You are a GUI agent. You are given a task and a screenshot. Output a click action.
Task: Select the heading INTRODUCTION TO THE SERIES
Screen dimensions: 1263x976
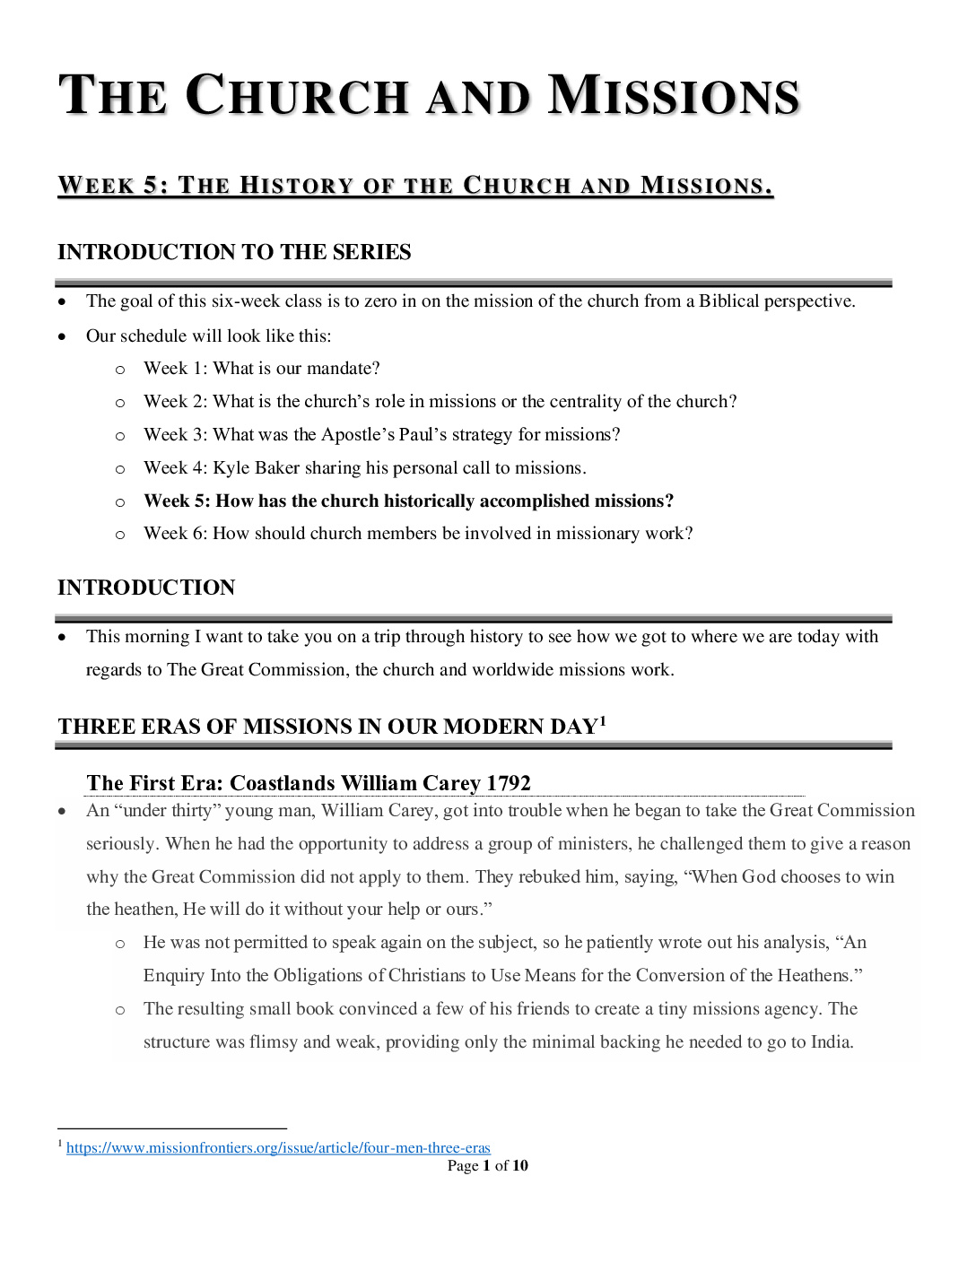point(234,252)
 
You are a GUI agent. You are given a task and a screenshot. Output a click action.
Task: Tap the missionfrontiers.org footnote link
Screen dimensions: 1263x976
point(278,1148)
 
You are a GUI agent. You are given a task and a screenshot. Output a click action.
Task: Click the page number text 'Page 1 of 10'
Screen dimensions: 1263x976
point(487,1165)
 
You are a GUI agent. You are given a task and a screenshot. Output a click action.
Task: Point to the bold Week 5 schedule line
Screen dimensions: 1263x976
point(408,501)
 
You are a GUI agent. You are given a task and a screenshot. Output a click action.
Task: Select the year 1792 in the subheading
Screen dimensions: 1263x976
point(509,783)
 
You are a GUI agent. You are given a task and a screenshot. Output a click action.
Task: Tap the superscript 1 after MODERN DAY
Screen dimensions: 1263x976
point(604,720)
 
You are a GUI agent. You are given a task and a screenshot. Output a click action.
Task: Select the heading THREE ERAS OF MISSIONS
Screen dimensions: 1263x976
point(327,727)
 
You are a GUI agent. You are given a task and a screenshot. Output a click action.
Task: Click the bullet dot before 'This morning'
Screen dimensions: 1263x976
point(62,637)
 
